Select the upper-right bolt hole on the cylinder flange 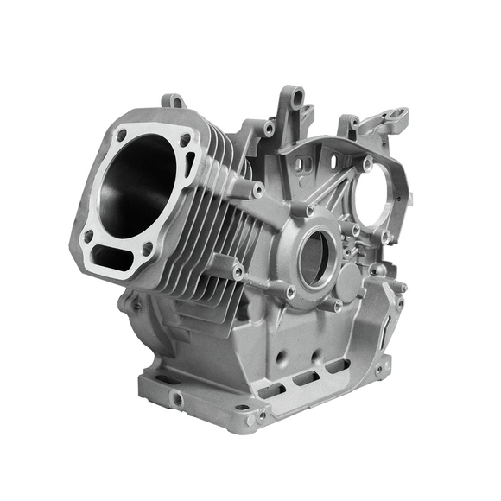185,141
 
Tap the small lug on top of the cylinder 173,101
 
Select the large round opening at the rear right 377,200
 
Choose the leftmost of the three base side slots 270,390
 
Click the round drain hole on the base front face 177,399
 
